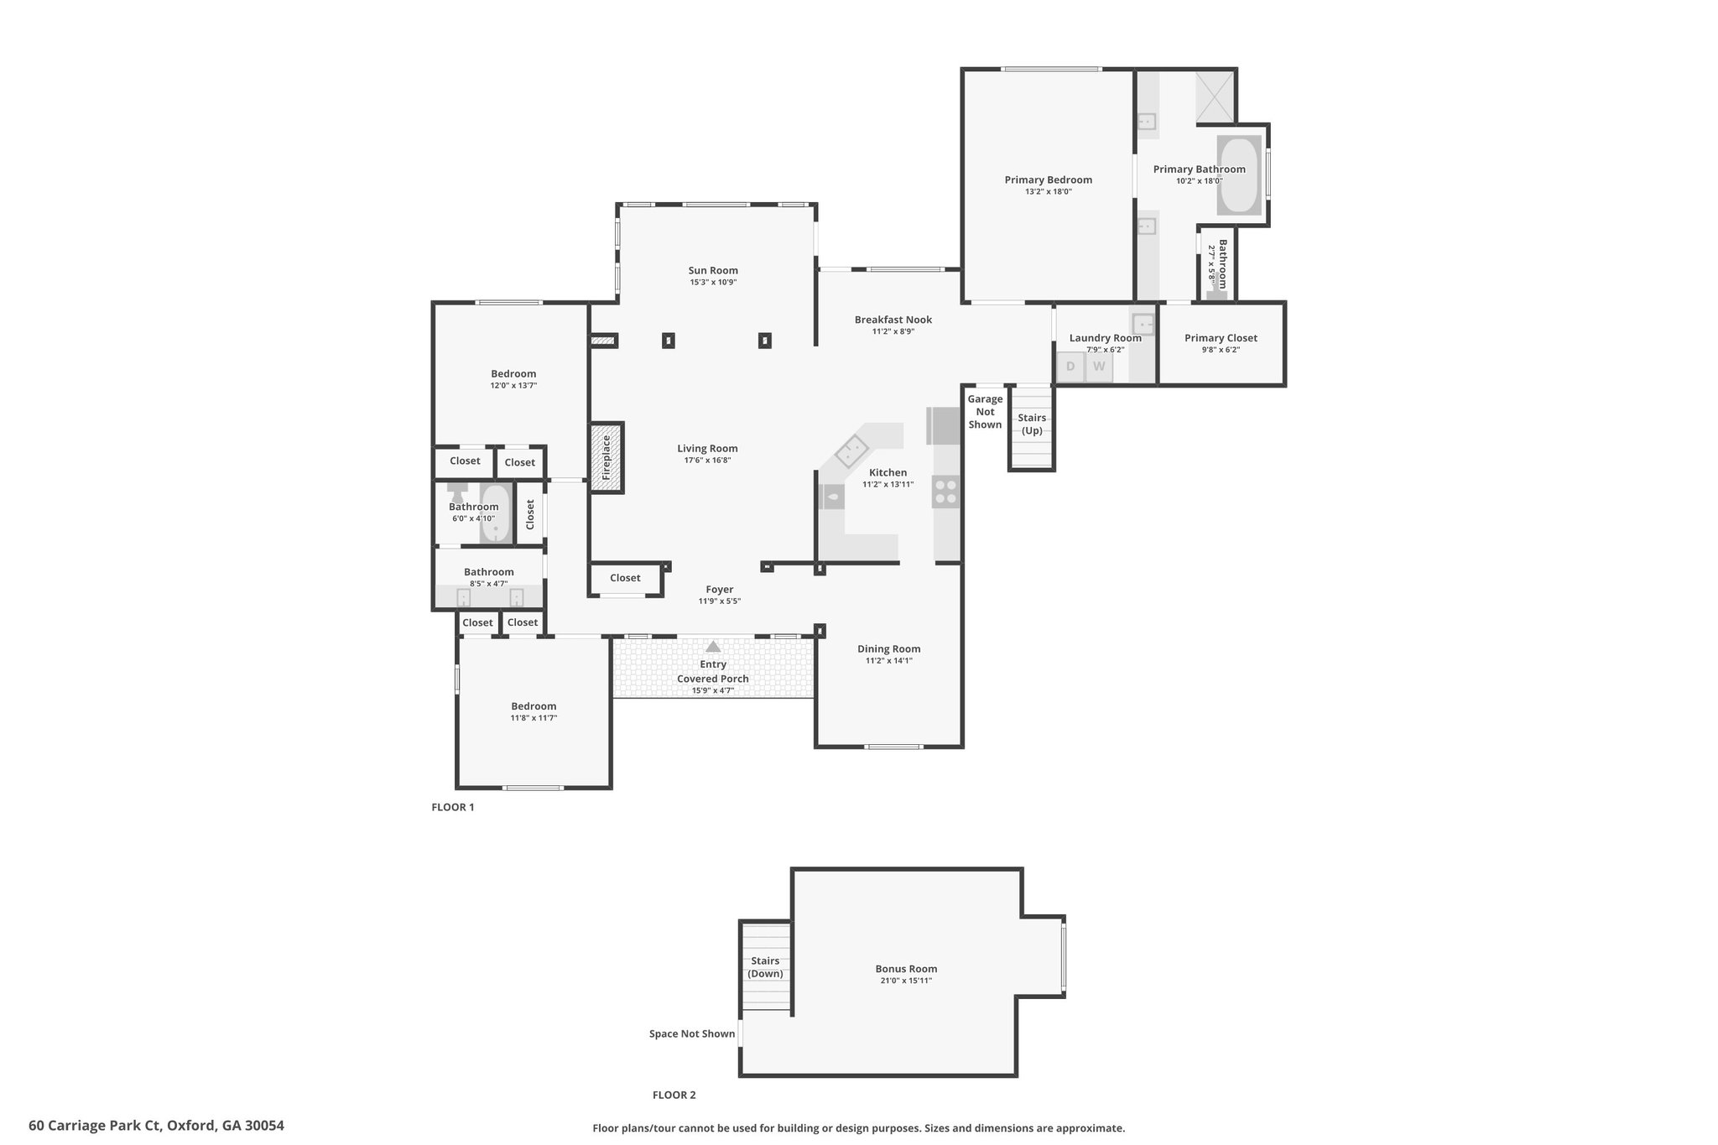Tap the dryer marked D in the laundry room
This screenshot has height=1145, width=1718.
1070,367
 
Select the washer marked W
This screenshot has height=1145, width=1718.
1099,367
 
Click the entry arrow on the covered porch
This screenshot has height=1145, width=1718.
713,647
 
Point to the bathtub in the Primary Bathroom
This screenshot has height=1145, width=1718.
1239,175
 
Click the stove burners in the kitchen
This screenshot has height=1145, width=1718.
946,492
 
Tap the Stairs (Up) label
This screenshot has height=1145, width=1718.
1032,424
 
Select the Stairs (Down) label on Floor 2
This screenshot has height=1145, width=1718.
765,967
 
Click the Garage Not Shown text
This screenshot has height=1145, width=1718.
985,412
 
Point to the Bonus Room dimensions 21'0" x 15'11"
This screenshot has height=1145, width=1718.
906,981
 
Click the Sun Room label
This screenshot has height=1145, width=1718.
713,270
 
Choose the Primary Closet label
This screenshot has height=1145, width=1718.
1221,338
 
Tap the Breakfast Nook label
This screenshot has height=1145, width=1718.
893,320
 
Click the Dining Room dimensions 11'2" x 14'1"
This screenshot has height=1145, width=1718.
889,661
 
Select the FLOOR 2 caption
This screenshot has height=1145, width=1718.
674,1095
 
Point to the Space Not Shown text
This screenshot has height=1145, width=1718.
692,1033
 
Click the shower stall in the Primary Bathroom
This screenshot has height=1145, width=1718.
1214,97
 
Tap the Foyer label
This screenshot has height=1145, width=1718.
720,590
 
